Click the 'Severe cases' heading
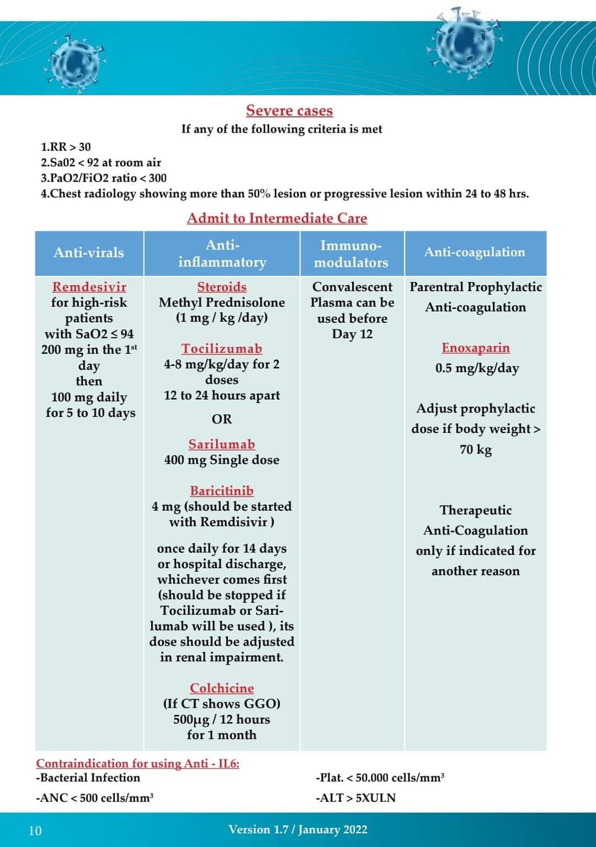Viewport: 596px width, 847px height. (x=289, y=110)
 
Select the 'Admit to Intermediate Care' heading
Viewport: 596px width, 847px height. (x=277, y=218)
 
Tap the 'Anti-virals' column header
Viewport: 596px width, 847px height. (x=89, y=253)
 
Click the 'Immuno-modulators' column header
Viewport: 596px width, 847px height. (x=352, y=254)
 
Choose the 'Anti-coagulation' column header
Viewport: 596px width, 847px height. (x=475, y=252)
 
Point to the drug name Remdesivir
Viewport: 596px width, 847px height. (x=89, y=287)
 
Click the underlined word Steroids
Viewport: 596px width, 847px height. (x=222, y=287)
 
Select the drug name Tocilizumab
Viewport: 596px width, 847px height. (x=222, y=349)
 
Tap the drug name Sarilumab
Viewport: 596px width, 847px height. (x=222, y=444)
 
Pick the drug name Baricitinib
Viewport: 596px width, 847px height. (x=222, y=491)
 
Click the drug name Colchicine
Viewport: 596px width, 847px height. (x=222, y=688)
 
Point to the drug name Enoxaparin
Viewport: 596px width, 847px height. (x=476, y=348)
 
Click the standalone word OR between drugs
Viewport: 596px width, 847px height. (x=222, y=419)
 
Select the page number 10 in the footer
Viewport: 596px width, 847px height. (x=35, y=830)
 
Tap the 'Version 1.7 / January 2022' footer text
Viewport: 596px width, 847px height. (x=298, y=829)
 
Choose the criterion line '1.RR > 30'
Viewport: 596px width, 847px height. (x=66, y=147)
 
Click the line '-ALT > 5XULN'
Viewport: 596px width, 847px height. (x=356, y=798)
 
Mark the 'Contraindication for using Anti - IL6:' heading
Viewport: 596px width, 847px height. (x=138, y=764)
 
